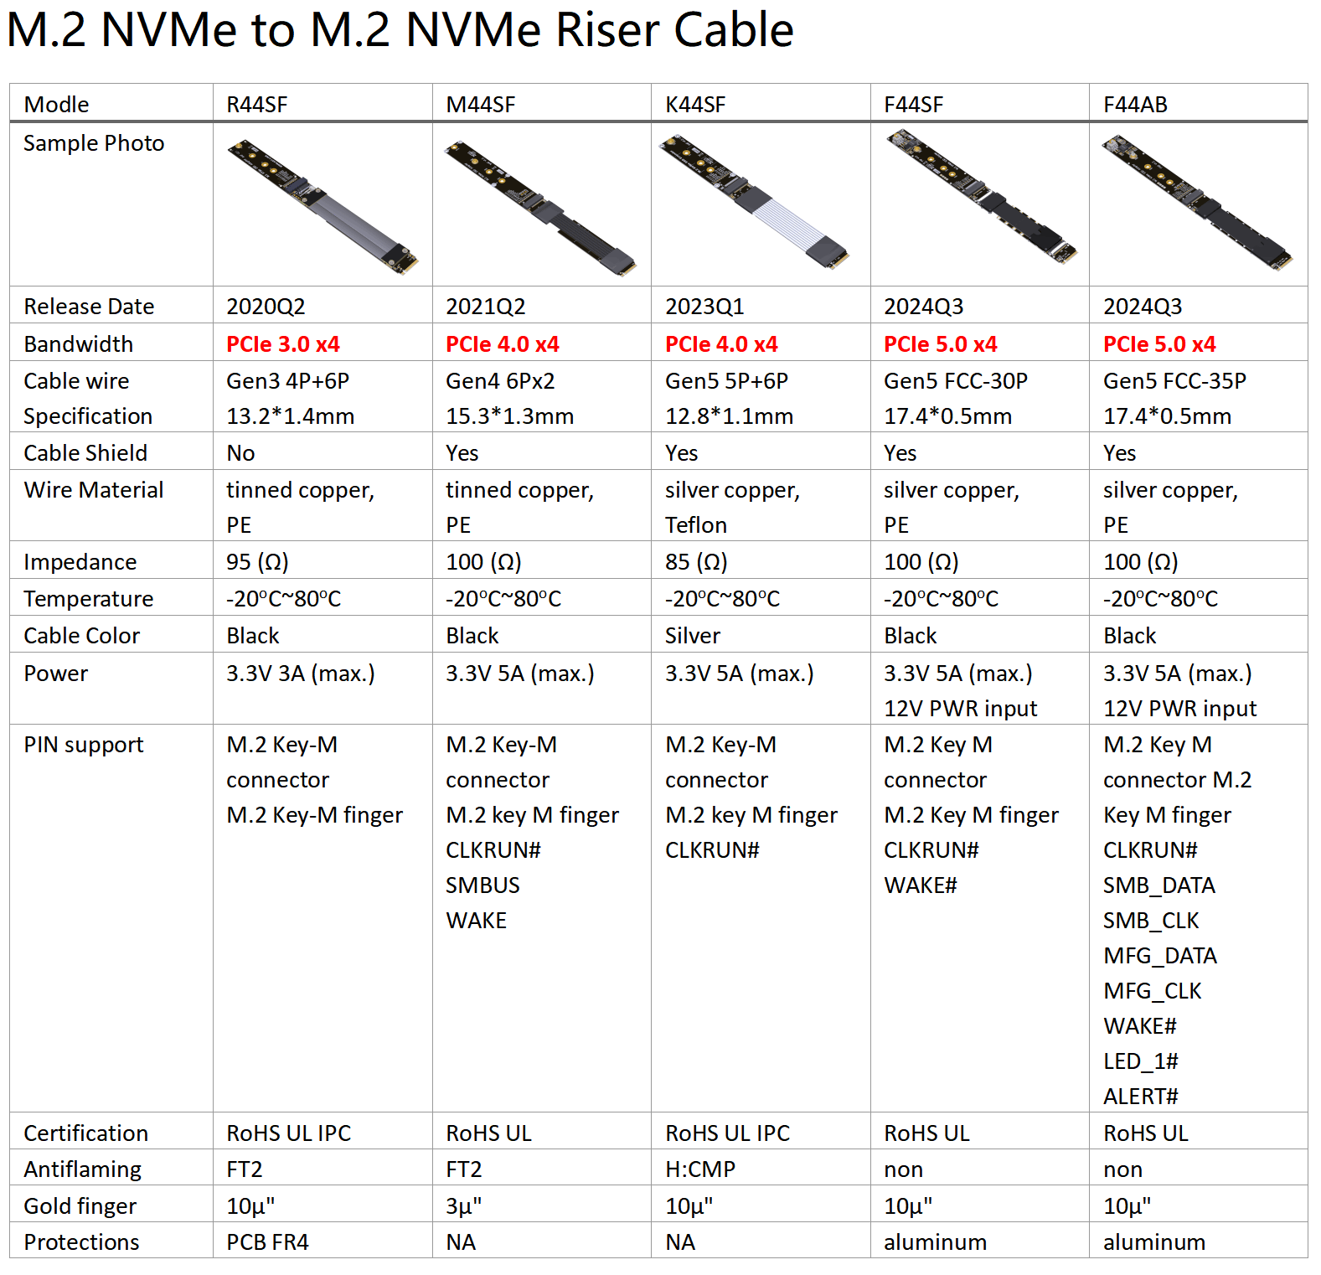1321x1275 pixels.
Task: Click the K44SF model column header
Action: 695,105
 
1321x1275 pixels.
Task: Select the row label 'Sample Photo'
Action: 94,143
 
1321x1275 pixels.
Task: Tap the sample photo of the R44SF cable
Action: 323,205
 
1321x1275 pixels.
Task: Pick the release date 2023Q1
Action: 704,307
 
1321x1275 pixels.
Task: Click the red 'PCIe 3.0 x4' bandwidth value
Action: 283,344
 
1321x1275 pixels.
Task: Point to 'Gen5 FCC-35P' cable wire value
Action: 1174,381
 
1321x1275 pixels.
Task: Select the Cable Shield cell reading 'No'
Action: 240,453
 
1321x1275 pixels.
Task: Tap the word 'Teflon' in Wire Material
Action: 696,525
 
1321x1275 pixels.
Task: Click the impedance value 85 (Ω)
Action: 696,562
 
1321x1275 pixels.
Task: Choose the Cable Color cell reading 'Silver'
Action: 693,636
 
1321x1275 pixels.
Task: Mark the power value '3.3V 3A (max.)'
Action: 301,674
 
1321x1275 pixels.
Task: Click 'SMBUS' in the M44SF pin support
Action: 482,885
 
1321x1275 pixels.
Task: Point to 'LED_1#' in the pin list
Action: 1140,1061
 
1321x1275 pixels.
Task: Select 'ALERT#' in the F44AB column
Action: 1140,1097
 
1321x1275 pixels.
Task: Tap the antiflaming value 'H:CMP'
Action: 700,1169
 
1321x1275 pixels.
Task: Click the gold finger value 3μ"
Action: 464,1206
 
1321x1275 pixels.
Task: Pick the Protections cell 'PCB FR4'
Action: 267,1242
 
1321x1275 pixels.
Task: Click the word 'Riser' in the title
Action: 607,30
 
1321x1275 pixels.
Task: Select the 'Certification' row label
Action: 85,1133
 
